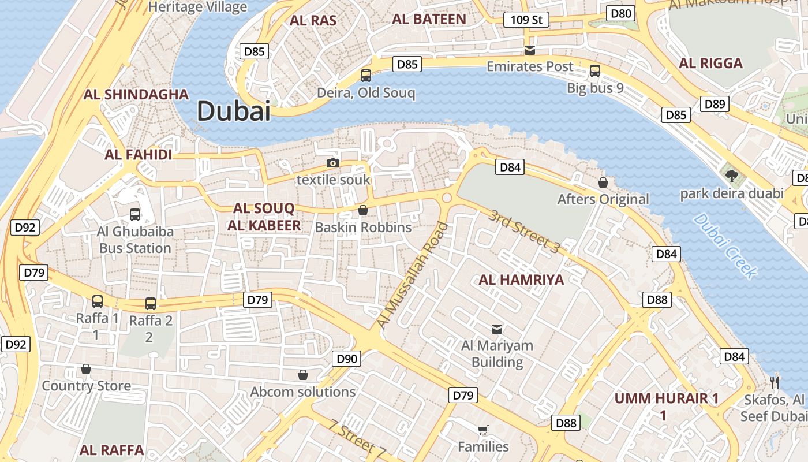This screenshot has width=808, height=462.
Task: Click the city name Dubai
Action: click(x=234, y=111)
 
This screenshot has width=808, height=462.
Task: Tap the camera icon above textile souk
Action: click(x=332, y=163)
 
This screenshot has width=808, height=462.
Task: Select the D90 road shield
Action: click(x=347, y=359)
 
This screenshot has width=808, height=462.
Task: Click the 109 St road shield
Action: click(x=526, y=20)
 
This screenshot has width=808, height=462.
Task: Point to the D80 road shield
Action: click(x=621, y=13)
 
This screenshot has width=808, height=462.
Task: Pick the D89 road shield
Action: click(x=715, y=104)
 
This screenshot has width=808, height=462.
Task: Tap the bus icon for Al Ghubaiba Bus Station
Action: click(x=135, y=215)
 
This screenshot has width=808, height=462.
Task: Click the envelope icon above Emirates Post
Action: click(x=530, y=50)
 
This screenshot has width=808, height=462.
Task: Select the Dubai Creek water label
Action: click(x=724, y=245)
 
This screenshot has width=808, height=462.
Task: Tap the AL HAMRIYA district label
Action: click(x=521, y=280)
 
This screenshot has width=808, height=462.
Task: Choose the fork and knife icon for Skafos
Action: click(x=775, y=382)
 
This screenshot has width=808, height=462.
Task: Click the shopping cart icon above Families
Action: click(x=483, y=430)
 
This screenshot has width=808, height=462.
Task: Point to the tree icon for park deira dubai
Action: click(x=732, y=176)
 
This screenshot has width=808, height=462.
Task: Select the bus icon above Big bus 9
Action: click(x=595, y=71)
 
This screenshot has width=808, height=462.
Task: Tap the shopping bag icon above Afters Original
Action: click(x=603, y=182)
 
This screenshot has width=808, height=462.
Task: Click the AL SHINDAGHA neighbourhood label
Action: click(x=136, y=95)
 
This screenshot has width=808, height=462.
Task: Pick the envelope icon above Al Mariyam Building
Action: click(x=497, y=329)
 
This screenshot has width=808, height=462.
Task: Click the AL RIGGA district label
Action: click(x=711, y=64)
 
